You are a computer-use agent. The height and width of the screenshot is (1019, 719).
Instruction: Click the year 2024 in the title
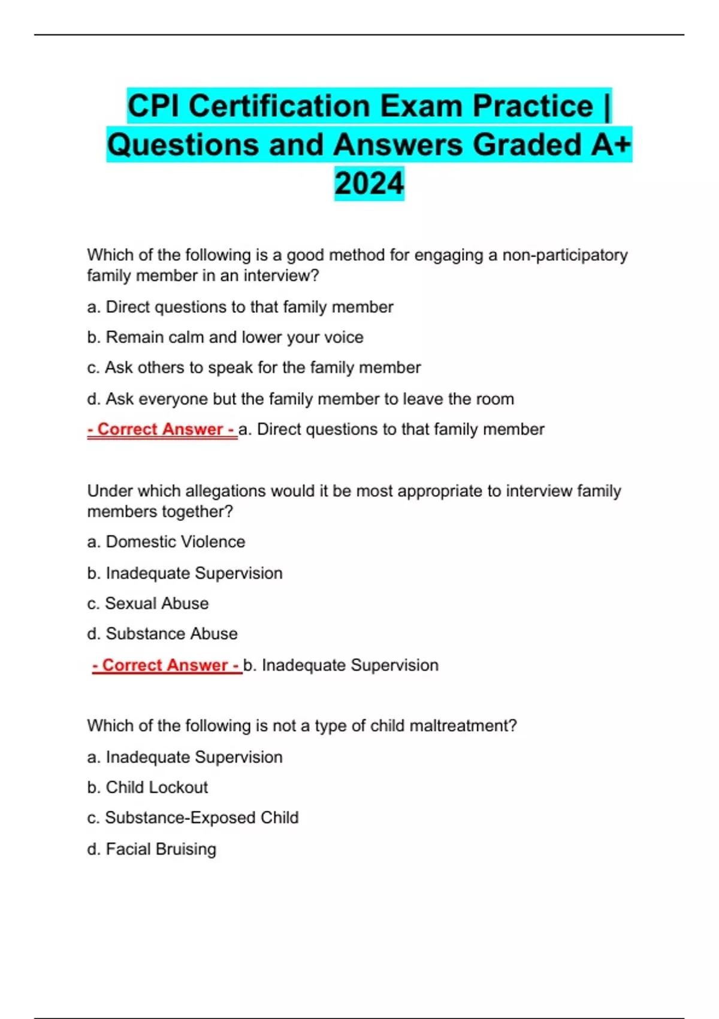(x=369, y=183)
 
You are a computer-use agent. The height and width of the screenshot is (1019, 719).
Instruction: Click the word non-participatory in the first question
(x=564, y=255)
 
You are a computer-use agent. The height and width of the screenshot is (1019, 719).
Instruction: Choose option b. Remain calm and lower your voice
(x=225, y=337)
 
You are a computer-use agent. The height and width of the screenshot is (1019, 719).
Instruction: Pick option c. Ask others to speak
(x=254, y=367)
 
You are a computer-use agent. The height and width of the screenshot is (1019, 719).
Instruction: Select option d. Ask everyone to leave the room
(x=300, y=399)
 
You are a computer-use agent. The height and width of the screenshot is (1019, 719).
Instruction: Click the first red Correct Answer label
(x=162, y=429)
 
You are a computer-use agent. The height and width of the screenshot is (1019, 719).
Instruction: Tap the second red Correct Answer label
(x=167, y=665)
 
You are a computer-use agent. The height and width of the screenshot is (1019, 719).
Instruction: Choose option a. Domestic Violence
(x=166, y=542)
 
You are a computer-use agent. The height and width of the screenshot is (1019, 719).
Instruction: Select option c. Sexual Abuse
(x=148, y=604)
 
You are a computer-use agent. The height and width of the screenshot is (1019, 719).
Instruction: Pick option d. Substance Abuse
(x=162, y=634)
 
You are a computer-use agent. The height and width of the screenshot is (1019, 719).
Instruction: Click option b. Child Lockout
(x=147, y=788)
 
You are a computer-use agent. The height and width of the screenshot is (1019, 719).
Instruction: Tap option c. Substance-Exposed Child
(x=193, y=818)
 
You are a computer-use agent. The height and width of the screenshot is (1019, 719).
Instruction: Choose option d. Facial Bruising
(x=152, y=849)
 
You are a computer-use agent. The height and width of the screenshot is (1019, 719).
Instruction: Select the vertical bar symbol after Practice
(x=607, y=107)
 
